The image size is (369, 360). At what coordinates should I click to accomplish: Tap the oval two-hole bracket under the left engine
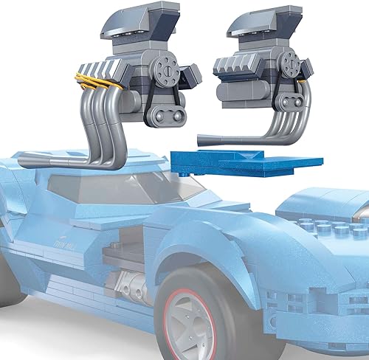coord(166,114)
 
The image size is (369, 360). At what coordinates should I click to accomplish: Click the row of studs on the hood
coord(328,227)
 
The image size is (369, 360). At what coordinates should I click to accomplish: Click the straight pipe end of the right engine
coord(214,136)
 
